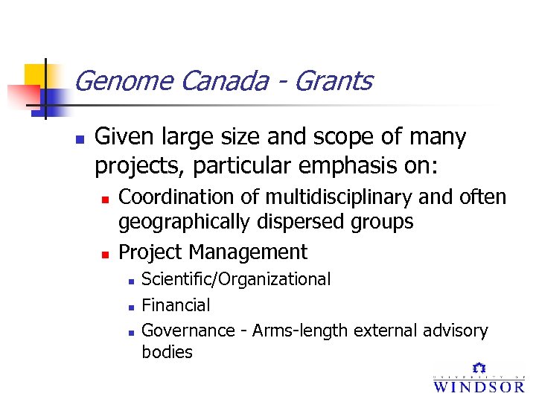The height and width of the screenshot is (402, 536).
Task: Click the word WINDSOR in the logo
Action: pos(479,386)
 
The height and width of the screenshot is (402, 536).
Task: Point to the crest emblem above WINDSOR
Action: pos(479,368)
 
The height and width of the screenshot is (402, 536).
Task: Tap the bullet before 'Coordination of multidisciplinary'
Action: pos(106,200)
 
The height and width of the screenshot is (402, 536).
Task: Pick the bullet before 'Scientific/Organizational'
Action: pos(130,281)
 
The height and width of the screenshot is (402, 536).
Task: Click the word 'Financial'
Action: pos(176,304)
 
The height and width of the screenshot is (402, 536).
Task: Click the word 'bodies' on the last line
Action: pos(167,352)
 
